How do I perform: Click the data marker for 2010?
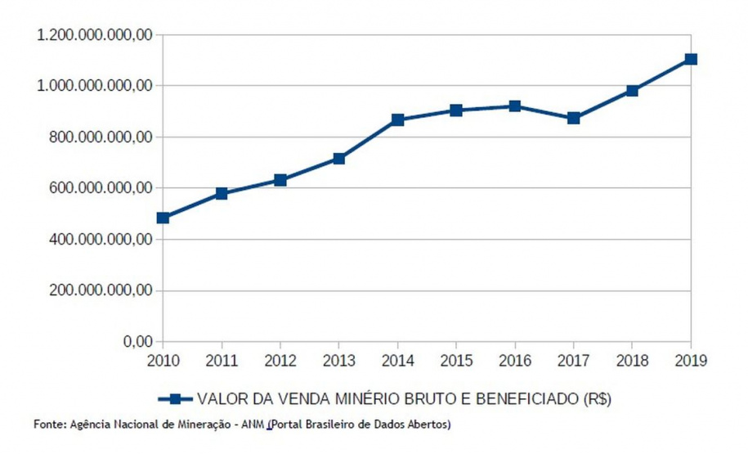[163, 218]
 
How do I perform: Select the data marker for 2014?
[397, 119]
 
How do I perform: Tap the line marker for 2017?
[574, 118]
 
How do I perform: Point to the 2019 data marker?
[691, 59]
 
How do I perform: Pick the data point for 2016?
[515, 106]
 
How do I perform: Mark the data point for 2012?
[280, 180]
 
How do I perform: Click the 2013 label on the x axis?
[338, 359]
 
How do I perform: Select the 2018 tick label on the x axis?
[632, 359]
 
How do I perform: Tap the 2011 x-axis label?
[222, 359]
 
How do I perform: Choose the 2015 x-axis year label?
[456, 359]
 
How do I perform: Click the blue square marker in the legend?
[174, 398]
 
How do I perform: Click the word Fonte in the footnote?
[47, 425]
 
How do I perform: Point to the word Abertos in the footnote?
[430, 425]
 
